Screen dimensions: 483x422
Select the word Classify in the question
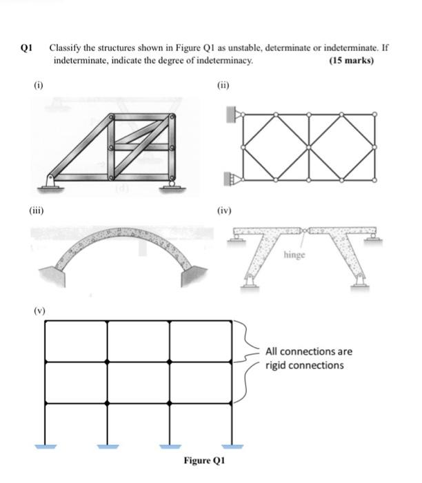[x=64, y=49]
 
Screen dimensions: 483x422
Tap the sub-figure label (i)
[x=39, y=86]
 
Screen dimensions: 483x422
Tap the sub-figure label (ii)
[x=222, y=86]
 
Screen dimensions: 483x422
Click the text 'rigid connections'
[x=304, y=365]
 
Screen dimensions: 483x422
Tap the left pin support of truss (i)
[x=51, y=182]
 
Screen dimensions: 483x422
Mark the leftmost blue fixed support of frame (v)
[x=46, y=445]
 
